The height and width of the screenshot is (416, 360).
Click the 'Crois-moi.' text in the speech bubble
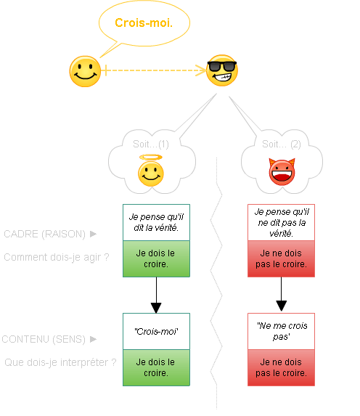pyautogui.click(x=144, y=23)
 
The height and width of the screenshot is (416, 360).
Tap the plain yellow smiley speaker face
pyautogui.click(x=85, y=71)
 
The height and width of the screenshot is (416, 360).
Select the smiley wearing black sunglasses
pyautogui.click(x=222, y=70)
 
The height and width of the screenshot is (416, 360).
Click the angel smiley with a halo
pyautogui.click(x=151, y=171)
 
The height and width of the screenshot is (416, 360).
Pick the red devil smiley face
pyautogui.click(x=282, y=172)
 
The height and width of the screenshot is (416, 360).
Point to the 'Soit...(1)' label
pyautogui.click(x=151, y=144)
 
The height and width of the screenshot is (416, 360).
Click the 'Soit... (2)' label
pyautogui.click(x=281, y=144)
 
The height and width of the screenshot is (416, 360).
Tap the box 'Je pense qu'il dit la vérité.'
pyautogui.click(x=156, y=222)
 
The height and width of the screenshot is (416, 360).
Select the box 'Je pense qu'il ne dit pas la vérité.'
pyautogui.click(x=281, y=222)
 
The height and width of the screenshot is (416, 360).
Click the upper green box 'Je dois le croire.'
pyautogui.click(x=156, y=259)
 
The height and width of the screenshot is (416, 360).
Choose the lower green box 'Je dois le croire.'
pyautogui.click(x=156, y=367)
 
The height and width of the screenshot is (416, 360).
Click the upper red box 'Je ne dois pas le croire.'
pyautogui.click(x=281, y=259)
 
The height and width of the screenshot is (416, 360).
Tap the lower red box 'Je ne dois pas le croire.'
pyautogui.click(x=281, y=367)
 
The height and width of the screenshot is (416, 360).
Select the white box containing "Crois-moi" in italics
pyautogui.click(x=156, y=331)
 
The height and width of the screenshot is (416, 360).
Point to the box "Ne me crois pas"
pyautogui.click(x=281, y=331)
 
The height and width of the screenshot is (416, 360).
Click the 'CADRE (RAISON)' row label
pyautogui.click(x=44, y=234)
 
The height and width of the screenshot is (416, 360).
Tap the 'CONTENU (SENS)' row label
pyautogui.click(x=44, y=339)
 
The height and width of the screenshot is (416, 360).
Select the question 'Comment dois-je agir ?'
pyautogui.click(x=56, y=257)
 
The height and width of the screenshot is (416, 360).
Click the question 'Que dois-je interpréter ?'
pyautogui.click(x=60, y=362)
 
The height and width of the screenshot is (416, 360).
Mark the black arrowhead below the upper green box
pyautogui.click(x=156, y=308)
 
